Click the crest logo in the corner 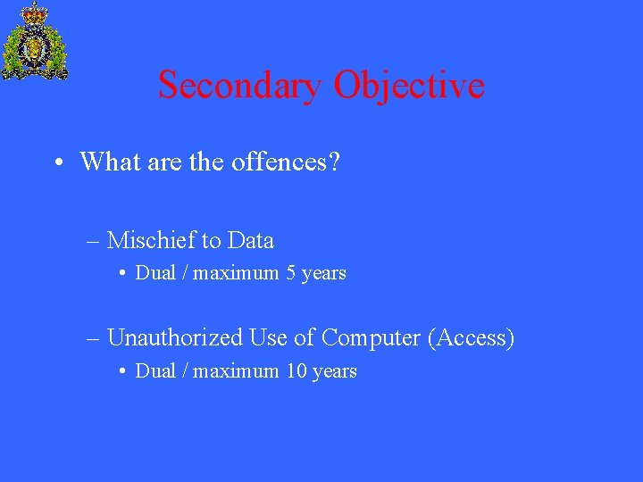tap(35, 41)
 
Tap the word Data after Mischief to tap(250, 241)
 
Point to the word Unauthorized tap(174, 338)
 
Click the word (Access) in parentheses tap(471, 338)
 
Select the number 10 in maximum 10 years tap(296, 371)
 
